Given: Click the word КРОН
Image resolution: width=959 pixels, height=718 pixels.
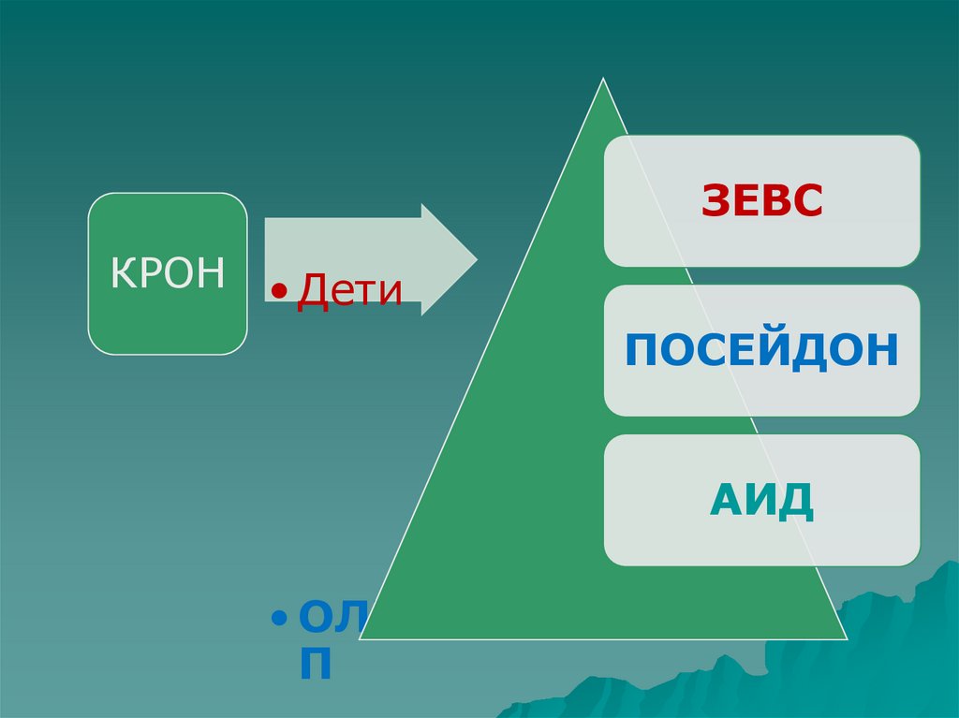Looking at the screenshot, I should coord(168,273).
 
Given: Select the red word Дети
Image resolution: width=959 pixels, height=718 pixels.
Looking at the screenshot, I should coord(349,291).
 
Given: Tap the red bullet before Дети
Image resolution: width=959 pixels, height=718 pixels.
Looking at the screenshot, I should coord(278,294).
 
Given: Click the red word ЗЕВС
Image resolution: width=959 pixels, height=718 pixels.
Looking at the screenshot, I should coord(761,201).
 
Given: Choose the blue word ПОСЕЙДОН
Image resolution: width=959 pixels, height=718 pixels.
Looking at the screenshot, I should coord(761,350).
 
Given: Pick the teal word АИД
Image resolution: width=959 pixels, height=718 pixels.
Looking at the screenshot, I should coord(761,500).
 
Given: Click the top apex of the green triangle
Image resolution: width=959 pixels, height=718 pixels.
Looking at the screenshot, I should coord(603,81).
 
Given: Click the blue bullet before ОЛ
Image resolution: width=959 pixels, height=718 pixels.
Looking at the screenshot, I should coord(278,620).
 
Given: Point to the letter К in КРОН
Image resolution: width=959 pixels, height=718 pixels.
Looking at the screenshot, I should coord(123,273).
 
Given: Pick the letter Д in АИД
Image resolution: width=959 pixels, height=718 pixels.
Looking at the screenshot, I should coord(795,501).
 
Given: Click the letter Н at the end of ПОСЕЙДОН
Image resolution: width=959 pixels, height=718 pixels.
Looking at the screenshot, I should coord(883,350).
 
